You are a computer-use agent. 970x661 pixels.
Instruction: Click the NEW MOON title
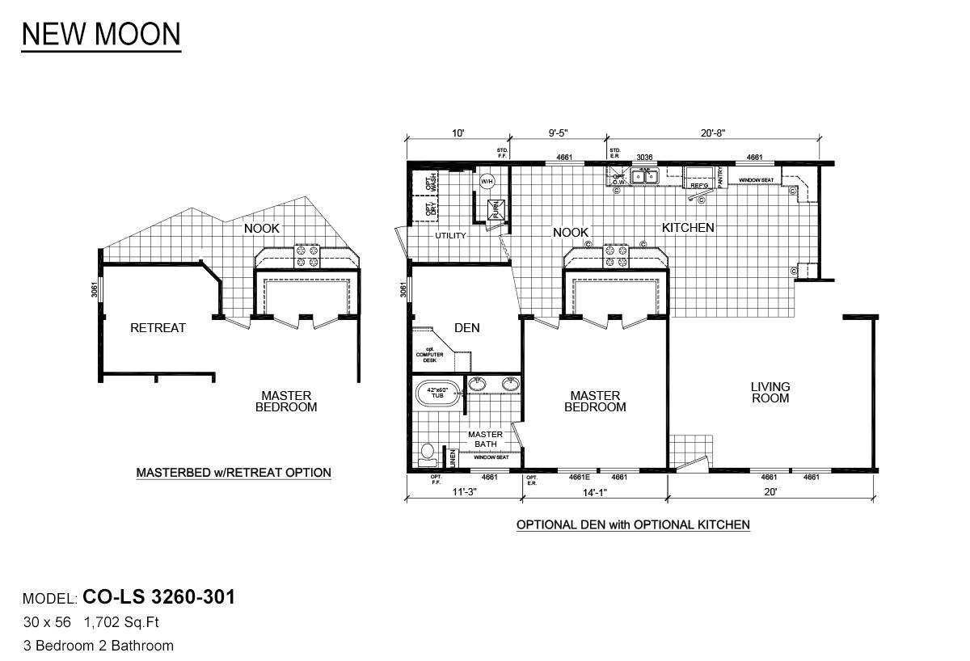pos(101,34)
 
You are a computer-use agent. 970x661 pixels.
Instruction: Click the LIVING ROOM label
pos(770,393)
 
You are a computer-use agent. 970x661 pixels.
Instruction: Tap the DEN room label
pos(466,328)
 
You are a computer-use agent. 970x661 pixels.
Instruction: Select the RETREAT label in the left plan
pos(158,328)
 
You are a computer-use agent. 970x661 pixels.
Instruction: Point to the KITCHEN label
pos(688,228)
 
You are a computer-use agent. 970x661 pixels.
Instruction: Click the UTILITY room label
pos(451,236)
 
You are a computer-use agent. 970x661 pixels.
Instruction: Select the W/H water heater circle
pos(487,181)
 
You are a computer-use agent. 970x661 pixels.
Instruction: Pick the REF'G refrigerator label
pos(698,186)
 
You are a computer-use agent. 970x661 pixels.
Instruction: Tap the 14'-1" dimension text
pos(593,492)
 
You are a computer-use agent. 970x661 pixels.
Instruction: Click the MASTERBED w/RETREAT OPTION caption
pos(233,473)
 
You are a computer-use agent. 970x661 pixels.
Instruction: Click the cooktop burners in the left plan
pos(307,256)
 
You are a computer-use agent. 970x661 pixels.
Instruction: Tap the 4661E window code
pos(580,478)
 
